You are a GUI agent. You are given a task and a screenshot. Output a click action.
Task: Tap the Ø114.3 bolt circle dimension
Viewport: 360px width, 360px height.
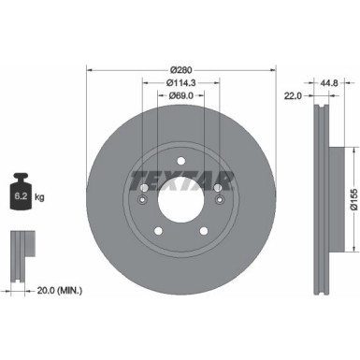[180, 82]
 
